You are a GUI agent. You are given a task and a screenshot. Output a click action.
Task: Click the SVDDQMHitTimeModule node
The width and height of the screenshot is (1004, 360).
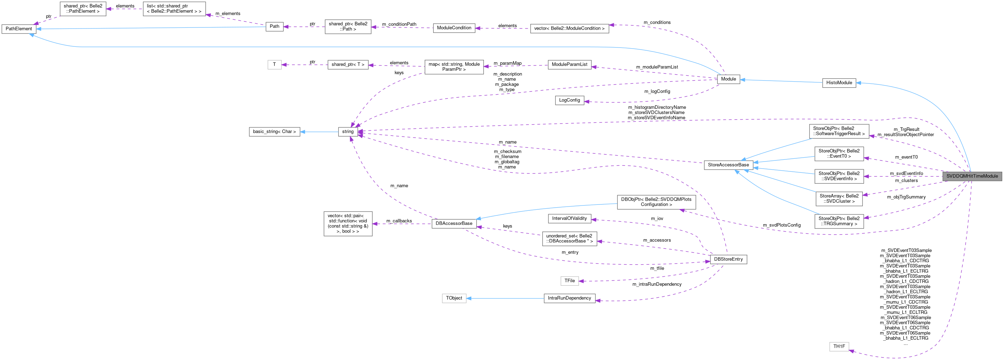(972, 176)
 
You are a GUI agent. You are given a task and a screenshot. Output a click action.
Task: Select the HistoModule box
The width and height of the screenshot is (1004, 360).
(839, 83)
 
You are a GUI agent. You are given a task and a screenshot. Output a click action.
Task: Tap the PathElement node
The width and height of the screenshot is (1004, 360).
(19, 29)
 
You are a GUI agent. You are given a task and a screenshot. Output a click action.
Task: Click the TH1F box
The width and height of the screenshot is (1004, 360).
(839, 346)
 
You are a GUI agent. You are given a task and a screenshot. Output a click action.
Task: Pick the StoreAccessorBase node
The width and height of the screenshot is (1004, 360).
(728, 165)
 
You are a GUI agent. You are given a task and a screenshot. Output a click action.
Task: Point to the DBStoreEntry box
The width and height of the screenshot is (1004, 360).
(728, 259)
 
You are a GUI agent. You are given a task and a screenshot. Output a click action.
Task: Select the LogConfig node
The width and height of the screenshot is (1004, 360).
(569, 100)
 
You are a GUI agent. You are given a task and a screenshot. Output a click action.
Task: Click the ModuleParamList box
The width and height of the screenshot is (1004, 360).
(569, 64)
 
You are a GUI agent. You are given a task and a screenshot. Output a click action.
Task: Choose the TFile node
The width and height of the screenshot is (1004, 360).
(569, 280)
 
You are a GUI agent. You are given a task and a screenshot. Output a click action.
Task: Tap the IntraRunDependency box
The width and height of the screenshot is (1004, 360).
(569, 298)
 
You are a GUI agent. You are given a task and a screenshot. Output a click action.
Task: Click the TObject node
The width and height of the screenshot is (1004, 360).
(454, 298)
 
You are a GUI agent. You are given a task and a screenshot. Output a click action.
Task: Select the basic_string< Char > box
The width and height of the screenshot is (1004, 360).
(274, 132)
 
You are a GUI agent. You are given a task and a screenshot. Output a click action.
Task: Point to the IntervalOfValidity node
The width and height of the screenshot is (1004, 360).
(569, 219)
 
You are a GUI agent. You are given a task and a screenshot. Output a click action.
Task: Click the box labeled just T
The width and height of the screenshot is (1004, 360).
(274, 65)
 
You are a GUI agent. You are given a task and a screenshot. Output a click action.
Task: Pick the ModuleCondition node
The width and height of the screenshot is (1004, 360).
(454, 28)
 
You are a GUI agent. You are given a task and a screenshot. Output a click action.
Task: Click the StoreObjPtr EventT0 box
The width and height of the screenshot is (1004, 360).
(839, 153)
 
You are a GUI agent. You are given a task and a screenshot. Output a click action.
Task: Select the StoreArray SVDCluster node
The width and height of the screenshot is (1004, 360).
(839, 199)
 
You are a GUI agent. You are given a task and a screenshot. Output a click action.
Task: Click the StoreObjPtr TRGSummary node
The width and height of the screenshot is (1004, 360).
(839, 221)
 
